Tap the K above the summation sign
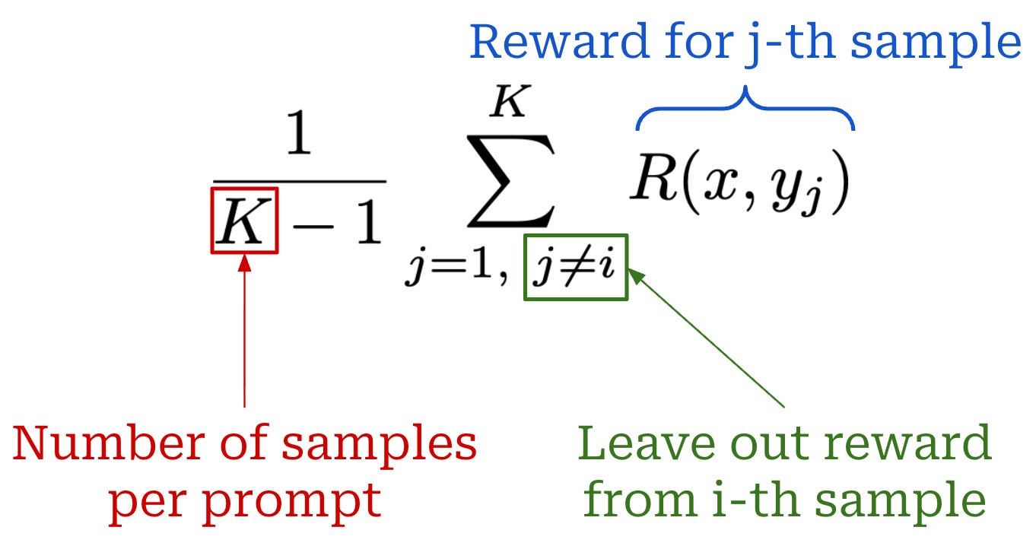(507, 101)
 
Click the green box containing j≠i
(576, 268)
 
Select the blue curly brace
(745, 110)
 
